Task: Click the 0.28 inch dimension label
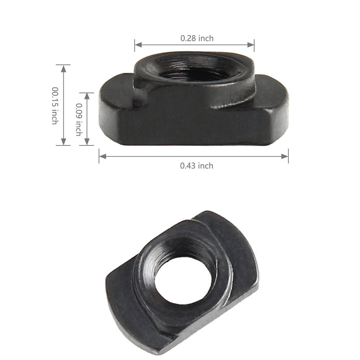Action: [197, 38]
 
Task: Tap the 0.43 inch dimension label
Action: [197, 166]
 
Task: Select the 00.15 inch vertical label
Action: [54, 105]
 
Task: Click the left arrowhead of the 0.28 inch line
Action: [137, 45]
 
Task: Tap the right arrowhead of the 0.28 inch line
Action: [252, 45]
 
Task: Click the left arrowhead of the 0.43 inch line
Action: [102, 156]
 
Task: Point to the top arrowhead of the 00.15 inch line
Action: [64, 67]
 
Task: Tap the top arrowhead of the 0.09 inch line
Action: [86, 94]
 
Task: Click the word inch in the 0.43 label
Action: [205, 166]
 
